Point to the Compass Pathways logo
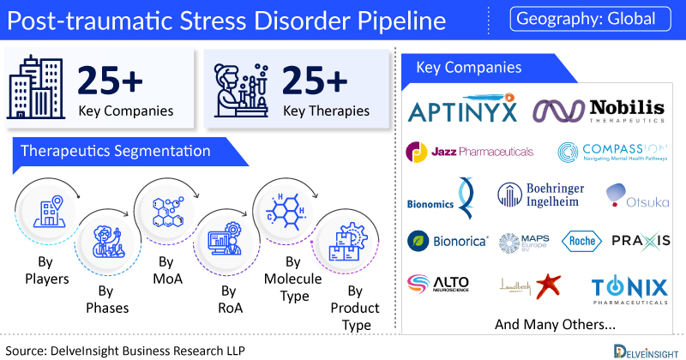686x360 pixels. [611, 153]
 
